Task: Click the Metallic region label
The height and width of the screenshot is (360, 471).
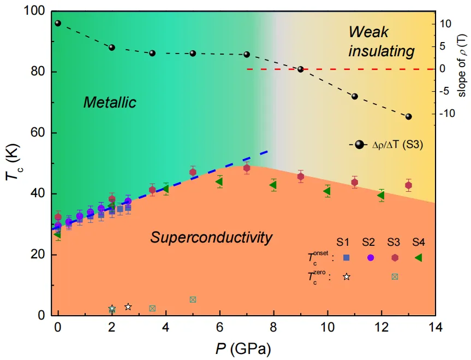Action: coord(109,102)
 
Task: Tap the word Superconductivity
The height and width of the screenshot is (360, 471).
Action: coord(211,238)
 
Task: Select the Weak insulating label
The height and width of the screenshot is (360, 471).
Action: coord(381,42)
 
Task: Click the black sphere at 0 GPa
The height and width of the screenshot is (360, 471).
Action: coord(58,23)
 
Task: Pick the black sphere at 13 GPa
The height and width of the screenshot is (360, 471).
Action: coord(408,116)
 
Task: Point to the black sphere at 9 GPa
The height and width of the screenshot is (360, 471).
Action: coord(300,69)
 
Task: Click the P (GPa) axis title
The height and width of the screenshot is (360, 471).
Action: coord(243,348)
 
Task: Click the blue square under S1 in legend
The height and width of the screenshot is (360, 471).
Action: coord(346,257)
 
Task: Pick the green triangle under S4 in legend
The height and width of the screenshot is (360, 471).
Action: coord(419,257)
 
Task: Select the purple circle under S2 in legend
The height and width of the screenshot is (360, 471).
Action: coord(370,257)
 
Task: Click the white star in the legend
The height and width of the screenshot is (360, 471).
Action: coord(346,276)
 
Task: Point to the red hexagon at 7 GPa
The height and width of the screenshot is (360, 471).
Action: coord(247,168)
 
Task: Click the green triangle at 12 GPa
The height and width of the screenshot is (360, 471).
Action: coord(381,196)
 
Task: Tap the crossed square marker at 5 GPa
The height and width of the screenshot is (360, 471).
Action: coord(193,299)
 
